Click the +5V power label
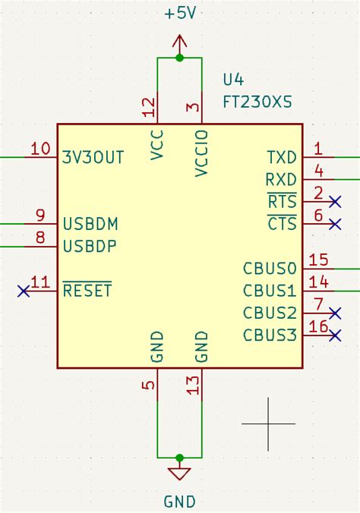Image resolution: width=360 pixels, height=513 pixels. (x=179, y=14)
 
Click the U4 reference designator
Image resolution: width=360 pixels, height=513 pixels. (x=235, y=80)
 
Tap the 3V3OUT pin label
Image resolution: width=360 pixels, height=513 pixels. (x=93, y=157)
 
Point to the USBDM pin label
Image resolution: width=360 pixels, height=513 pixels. (x=90, y=225)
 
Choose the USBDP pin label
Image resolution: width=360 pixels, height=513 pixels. (x=90, y=247)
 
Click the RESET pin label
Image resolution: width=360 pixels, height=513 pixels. (x=87, y=290)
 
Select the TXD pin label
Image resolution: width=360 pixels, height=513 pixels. (x=282, y=157)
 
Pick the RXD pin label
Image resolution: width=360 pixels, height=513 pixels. (x=281, y=180)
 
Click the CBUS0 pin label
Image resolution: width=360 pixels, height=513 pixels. (x=270, y=269)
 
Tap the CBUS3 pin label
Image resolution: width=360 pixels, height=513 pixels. (x=270, y=335)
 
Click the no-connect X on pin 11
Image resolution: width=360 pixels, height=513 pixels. (x=24, y=290)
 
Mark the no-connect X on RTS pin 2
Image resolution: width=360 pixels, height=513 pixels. (x=336, y=201)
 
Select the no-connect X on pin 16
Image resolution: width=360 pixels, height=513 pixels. (x=336, y=335)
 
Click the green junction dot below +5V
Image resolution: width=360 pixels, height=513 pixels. (x=179, y=58)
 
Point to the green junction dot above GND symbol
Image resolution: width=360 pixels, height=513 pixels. (x=179, y=458)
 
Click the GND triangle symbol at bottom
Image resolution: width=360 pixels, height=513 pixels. (x=179, y=474)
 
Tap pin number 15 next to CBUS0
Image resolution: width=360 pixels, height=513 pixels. (x=319, y=260)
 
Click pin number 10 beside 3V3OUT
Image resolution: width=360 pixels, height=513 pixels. (x=40, y=149)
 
